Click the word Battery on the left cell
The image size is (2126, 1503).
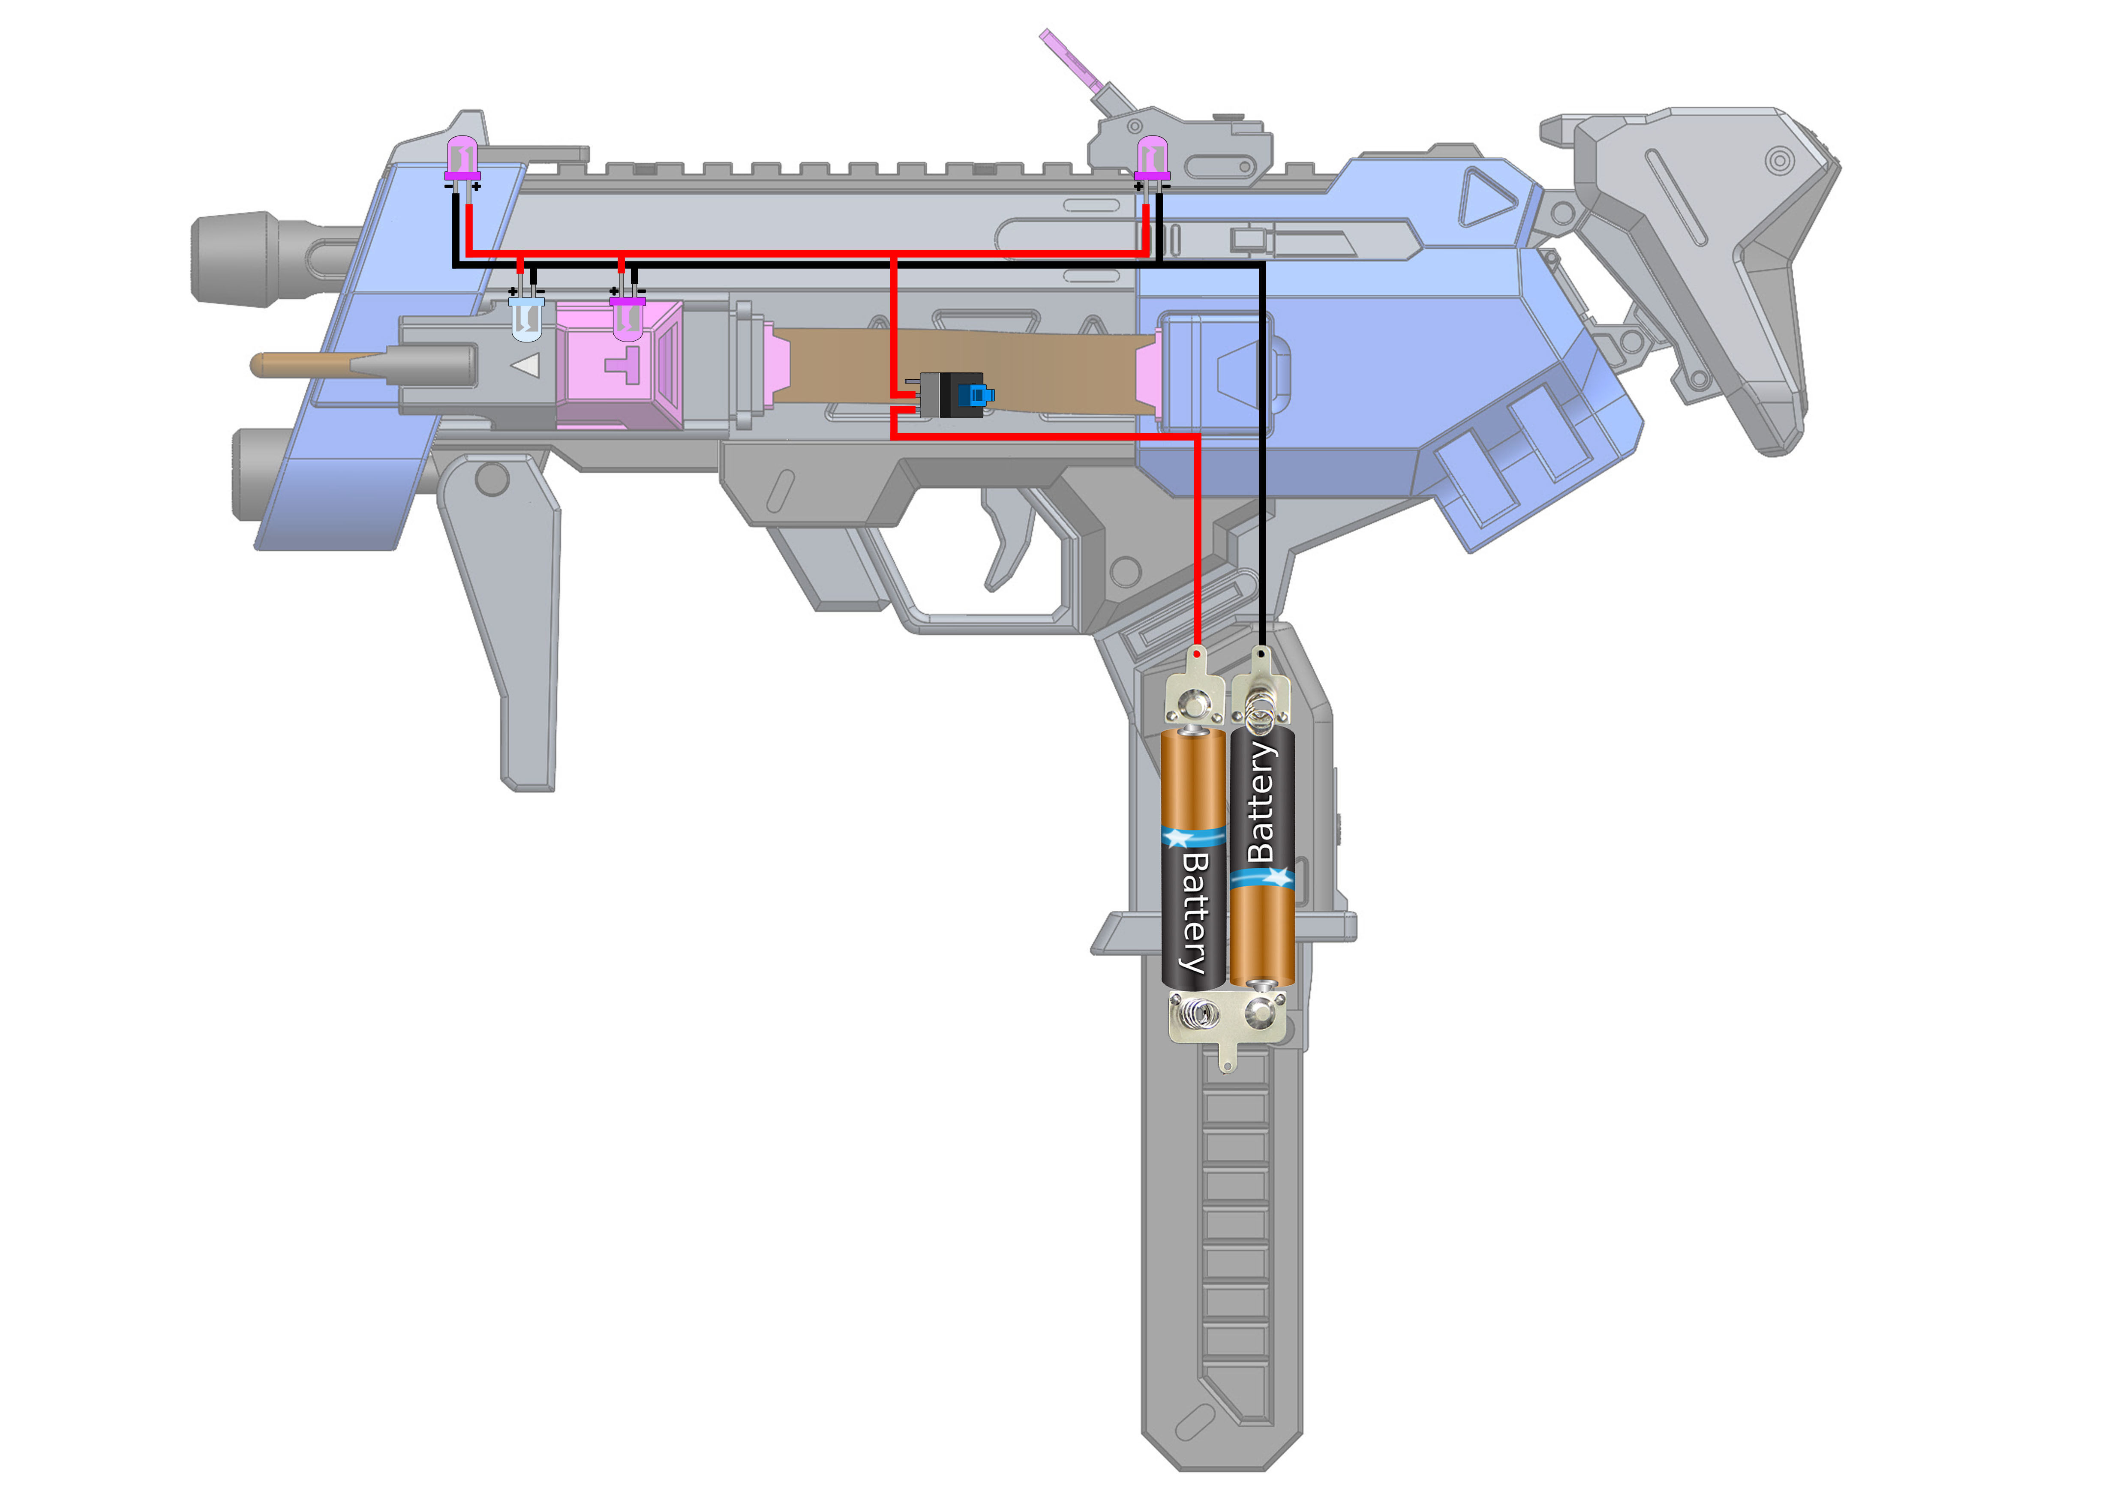click(x=1195, y=912)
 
